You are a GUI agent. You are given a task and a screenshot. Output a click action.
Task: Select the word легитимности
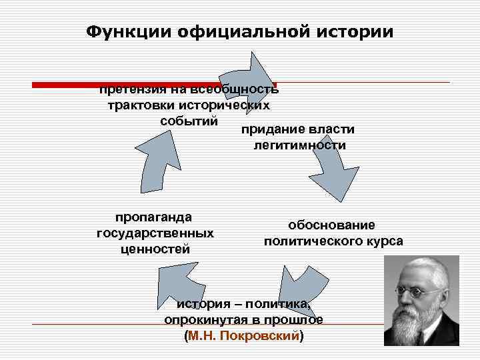click(300, 145)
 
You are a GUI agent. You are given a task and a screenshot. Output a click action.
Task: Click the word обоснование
click(331, 225)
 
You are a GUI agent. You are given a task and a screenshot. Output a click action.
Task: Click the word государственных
click(155, 233)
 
